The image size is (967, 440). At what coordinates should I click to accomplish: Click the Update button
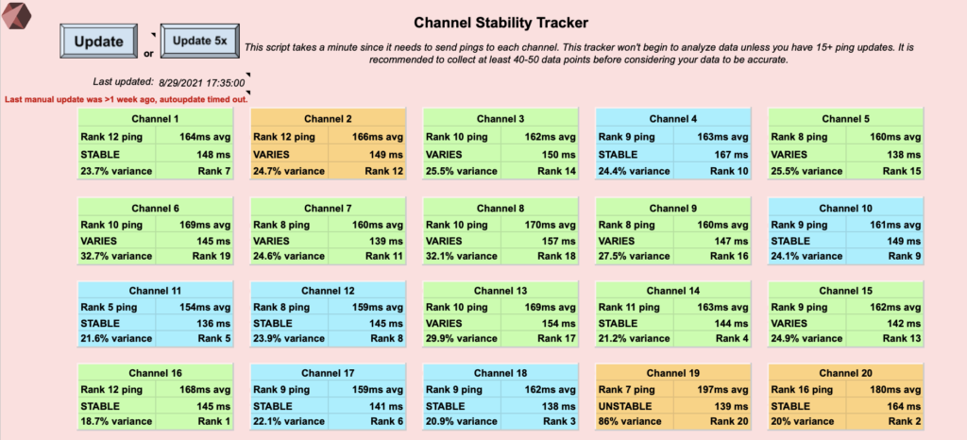98,42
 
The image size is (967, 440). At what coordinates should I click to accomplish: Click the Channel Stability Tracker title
500,23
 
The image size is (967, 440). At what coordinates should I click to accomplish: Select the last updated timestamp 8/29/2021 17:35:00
202,82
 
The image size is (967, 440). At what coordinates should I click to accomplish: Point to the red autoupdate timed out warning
127,99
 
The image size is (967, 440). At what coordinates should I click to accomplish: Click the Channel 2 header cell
328,119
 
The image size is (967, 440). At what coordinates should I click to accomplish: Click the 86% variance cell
635,421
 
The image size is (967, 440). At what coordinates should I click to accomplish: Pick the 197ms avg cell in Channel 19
712,389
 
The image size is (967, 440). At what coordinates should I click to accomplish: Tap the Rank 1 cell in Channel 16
195,421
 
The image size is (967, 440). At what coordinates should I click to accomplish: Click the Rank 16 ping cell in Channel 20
807,389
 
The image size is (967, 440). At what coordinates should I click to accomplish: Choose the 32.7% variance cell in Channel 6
116,256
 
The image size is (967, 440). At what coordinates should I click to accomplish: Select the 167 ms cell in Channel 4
712,154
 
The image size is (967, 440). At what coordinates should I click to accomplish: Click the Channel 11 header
156,291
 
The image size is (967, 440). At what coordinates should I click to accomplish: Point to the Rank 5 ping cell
116,307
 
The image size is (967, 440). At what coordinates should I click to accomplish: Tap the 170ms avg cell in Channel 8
539,225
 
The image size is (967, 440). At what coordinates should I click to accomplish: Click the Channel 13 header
500,291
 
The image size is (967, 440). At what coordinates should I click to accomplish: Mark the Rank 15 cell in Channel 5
885,171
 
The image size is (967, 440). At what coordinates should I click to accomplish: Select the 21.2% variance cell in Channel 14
635,338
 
